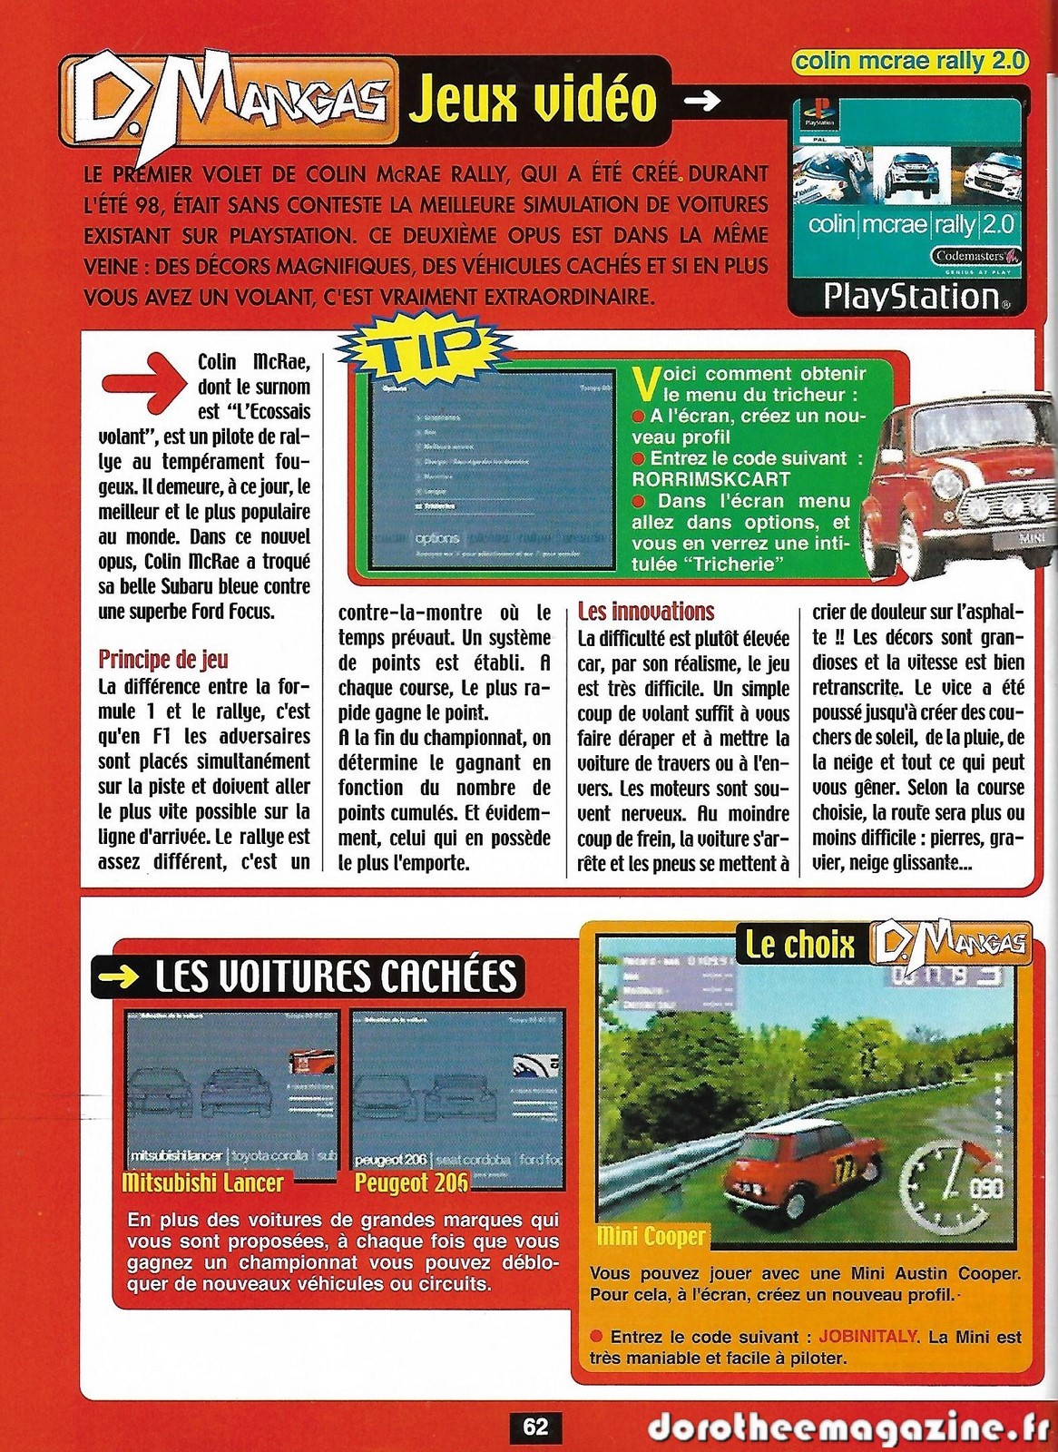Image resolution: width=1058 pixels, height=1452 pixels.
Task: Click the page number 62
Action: [535, 1427]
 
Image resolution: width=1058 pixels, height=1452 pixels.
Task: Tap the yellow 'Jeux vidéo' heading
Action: [532, 99]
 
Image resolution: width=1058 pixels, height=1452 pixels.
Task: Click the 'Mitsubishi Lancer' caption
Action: [202, 1182]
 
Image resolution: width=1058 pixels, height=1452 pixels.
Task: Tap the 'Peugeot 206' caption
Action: [411, 1182]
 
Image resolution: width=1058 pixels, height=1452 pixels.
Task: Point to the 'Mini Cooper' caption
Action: [651, 1236]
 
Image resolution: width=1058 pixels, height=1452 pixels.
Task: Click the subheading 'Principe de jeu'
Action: [163, 659]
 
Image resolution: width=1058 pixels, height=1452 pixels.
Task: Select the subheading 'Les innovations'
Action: [646, 612]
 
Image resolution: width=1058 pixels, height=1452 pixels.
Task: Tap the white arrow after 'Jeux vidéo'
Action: [700, 101]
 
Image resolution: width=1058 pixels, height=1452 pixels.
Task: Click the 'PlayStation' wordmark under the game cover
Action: [911, 297]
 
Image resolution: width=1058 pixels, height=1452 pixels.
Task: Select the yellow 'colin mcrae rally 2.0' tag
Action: [910, 61]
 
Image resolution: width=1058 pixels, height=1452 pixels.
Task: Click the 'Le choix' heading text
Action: [799, 945]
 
